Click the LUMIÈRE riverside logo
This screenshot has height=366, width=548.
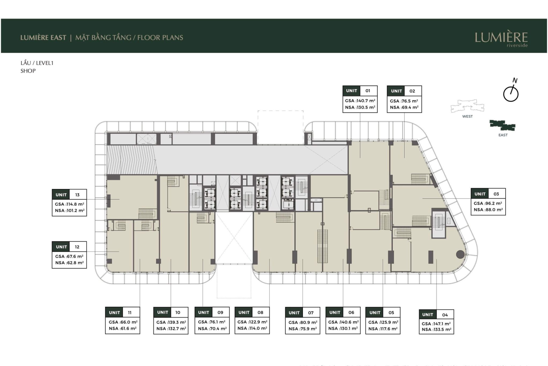[x=501, y=39]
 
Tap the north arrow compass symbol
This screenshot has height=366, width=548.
[x=511, y=94]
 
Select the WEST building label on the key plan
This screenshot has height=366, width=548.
[x=467, y=116]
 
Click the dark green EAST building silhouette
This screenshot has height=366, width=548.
[x=502, y=125]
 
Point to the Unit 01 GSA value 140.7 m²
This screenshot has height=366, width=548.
[x=365, y=101]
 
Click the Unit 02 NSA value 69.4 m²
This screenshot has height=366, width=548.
[x=409, y=107]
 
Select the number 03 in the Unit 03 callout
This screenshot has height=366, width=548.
[x=496, y=194]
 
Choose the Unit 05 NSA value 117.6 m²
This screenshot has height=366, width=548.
[x=388, y=329]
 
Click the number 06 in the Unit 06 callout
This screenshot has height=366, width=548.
[x=351, y=312]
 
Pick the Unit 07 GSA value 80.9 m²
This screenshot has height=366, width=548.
[x=308, y=322]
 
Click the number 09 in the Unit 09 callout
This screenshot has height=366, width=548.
[x=220, y=312]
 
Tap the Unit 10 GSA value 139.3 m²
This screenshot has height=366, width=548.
[x=176, y=322]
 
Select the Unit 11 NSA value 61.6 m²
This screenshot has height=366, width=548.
[x=128, y=328]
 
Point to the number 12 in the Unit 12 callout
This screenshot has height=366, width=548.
[x=77, y=247]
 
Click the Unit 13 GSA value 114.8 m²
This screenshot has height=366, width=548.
[x=75, y=204]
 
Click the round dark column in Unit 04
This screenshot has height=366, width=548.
[x=460, y=254]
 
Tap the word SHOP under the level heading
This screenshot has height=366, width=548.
[x=28, y=71]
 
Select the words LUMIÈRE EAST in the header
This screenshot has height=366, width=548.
[x=43, y=38]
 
